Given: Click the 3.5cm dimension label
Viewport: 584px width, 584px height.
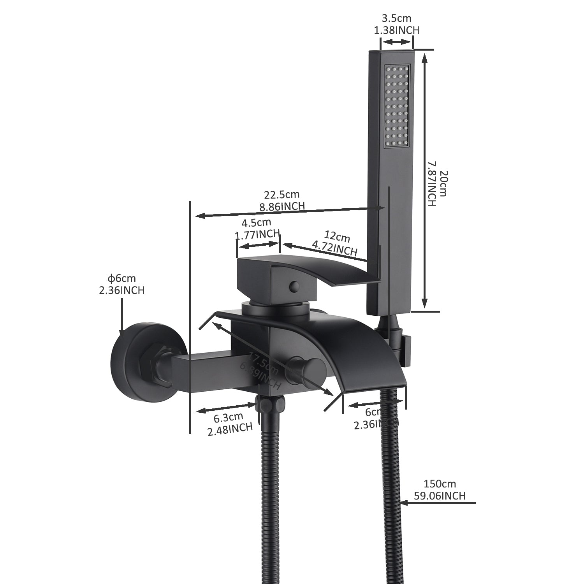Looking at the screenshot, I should coord(396,18).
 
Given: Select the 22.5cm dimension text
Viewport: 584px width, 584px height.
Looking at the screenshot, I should coord(282,194).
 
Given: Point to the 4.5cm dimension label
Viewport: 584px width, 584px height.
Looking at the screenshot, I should coord(256,223).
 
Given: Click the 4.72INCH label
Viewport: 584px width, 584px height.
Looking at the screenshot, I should coord(334,249).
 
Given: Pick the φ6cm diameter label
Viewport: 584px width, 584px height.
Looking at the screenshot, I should coord(122,278).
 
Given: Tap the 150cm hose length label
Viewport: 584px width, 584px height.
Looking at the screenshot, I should coord(440,484).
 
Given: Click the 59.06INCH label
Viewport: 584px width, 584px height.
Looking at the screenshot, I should coord(440,496).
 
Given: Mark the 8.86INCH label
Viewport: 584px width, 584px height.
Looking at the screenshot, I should coord(282,206).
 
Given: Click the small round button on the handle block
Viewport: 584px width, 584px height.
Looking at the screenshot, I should coord(294,287).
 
